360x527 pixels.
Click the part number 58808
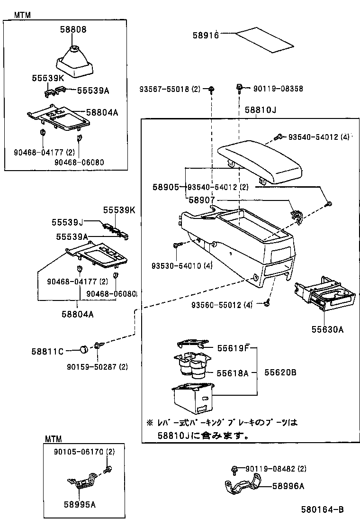[x=73, y=29]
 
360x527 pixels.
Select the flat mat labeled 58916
[x=264, y=39]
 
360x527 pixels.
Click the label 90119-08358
[x=278, y=88]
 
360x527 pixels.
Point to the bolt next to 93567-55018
[x=212, y=89]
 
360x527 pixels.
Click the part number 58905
[x=165, y=187]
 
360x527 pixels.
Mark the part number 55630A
[x=327, y=329]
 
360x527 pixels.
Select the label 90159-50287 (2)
[x=104, y=366]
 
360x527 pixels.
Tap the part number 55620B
[x=280, y=373]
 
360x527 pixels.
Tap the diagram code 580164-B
[x=323, y=510]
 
